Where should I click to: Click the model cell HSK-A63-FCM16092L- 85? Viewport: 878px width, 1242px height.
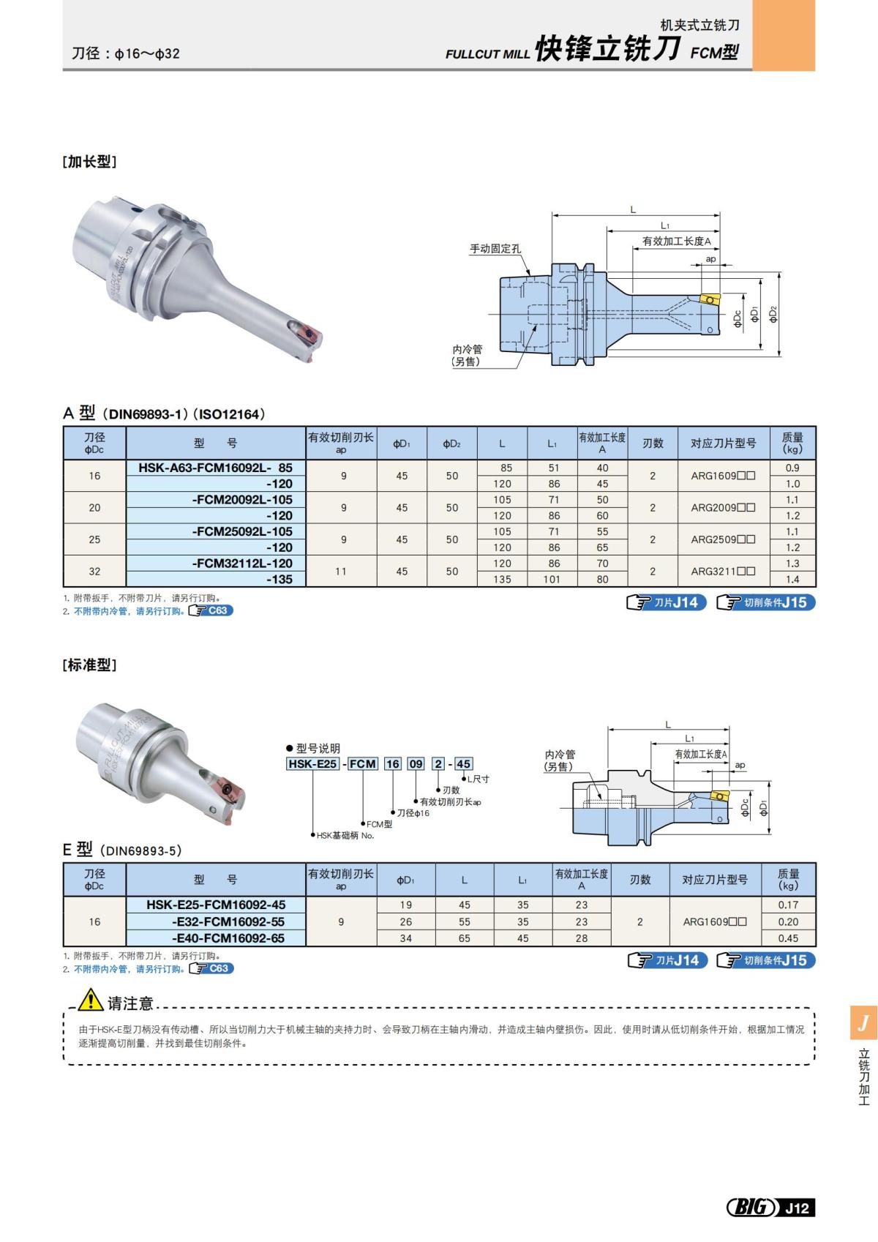pyautogui.click(x=216, y=468)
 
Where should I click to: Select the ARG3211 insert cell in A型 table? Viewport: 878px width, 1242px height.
pyautogui.click(x=723, y=571)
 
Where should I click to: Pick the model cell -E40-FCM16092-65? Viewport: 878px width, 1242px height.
pyautogui.click(x=228, y=938)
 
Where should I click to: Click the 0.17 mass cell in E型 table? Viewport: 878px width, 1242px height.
pyautogui.click(x=788, y=905)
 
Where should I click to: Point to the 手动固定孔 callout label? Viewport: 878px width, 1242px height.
pyautogui.click(x=495, y=249)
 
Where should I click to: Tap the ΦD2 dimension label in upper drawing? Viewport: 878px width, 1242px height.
pyautogui.click(x=774, y=314)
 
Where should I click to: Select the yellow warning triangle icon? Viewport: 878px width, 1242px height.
pyautogui.click(x=91, y=999)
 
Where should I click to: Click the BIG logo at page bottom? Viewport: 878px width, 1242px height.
pyautogui.click(x=751, y=1208)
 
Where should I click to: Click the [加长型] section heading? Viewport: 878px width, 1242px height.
pyautogui.click(x=89, y=162)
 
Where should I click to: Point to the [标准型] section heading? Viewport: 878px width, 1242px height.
pyautogui.click(x=89, y=665)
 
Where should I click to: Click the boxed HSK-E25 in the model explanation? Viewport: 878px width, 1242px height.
pyautogui.click(x=312, y=763)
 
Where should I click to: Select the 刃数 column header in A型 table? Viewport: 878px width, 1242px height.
pyautogui.click(x=653, y=444)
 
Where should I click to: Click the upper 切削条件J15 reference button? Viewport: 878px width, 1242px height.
pyautogui.click(x=766, y=602)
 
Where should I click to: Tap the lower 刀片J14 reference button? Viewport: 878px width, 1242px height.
pyautogui.click(x=667, y=960)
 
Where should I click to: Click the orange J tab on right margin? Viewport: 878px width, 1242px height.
pyautogui.click(x=863, y=1022)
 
